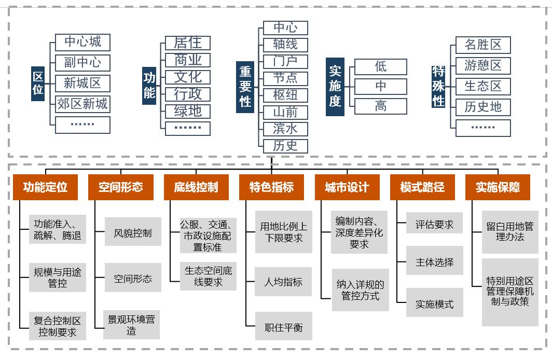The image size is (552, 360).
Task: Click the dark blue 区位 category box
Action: click(38, 83)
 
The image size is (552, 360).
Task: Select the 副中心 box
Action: click(82, 63)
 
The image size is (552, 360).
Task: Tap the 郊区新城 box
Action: click(82, 104)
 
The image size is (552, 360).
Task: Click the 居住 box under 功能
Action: click(188, 43)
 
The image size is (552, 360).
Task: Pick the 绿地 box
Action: click(188, 111)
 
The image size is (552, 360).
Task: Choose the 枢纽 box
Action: click(285, 95)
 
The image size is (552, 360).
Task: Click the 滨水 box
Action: click(285, 129)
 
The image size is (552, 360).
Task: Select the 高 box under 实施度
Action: click(380, 106)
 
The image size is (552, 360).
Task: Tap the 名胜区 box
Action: click(483, 45)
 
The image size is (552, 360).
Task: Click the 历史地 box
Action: click(483, 107)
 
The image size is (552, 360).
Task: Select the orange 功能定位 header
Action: click(46, 187)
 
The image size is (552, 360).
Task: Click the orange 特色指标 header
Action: click(271, 187)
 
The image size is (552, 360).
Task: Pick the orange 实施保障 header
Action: click(498, 187)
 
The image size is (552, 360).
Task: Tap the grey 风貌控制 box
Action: click(133, 233)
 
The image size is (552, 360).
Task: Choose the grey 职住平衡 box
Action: click(283, 327)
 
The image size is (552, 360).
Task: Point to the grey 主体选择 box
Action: click(434, 262)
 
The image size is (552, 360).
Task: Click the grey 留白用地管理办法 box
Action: click(509, 231)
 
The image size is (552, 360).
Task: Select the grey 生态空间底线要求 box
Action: click(209, 276)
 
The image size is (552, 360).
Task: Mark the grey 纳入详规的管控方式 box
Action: click(360, 290)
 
